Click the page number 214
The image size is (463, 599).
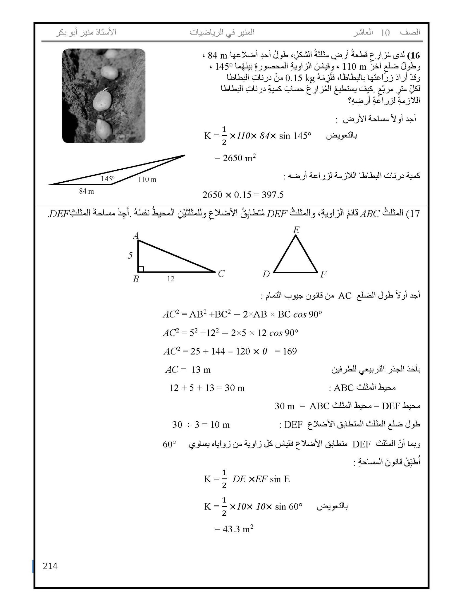(50, 566)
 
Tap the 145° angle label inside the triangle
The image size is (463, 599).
(108, 179)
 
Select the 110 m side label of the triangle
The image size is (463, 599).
(147, 180)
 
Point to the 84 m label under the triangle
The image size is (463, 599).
(87, 191)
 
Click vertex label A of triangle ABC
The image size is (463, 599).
(136, 235)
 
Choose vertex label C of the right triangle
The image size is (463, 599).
(221, 274)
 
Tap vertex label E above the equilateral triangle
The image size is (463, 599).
(296, 230)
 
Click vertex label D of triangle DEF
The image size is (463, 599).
(266, 274)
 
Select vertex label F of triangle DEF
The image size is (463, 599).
(323, 274)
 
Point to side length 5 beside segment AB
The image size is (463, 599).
(130, 256)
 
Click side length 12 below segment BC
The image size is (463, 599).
(171, 279)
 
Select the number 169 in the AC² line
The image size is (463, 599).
(290, 351)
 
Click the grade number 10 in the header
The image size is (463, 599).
(385, 33)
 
